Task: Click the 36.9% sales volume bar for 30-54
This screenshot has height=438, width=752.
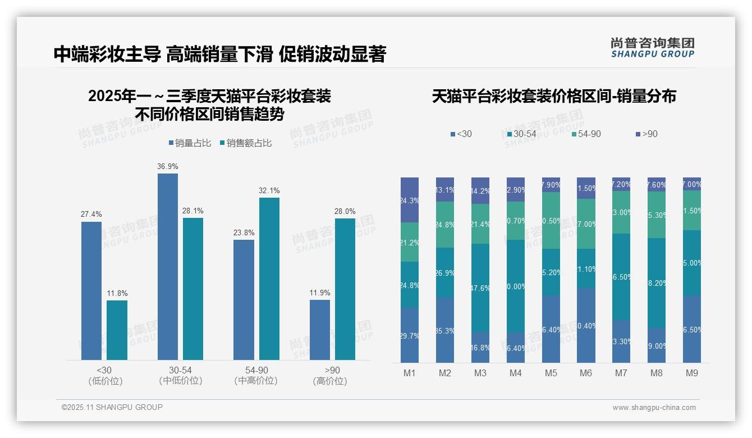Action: (168, 266)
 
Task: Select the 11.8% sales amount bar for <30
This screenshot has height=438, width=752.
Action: (117, 330)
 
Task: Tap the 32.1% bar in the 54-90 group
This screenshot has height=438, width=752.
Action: (269, 279)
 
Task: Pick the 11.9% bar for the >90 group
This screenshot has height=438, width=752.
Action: (320, 330)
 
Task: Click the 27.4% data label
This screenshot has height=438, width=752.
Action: (91, 215)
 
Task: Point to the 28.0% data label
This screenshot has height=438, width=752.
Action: (345, 211)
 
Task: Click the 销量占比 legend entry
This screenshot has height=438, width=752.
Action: (190, 143)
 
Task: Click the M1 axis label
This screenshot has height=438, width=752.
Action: (410, 373)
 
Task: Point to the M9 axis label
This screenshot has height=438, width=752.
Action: (692, 373)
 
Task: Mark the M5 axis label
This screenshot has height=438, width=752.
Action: (551, 373)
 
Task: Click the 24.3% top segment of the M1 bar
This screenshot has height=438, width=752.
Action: (410, 200)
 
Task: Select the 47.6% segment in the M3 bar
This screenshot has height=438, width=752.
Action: (480, 288)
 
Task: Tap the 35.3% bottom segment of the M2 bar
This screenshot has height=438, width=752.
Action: (445, 330)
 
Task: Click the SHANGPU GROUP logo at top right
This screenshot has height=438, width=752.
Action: (652, 48)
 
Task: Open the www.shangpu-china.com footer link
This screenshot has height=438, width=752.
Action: (654, 408)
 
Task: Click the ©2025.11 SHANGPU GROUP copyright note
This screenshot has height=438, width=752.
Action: (112, 407)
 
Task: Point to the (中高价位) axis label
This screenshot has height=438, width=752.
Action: (256, 381)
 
